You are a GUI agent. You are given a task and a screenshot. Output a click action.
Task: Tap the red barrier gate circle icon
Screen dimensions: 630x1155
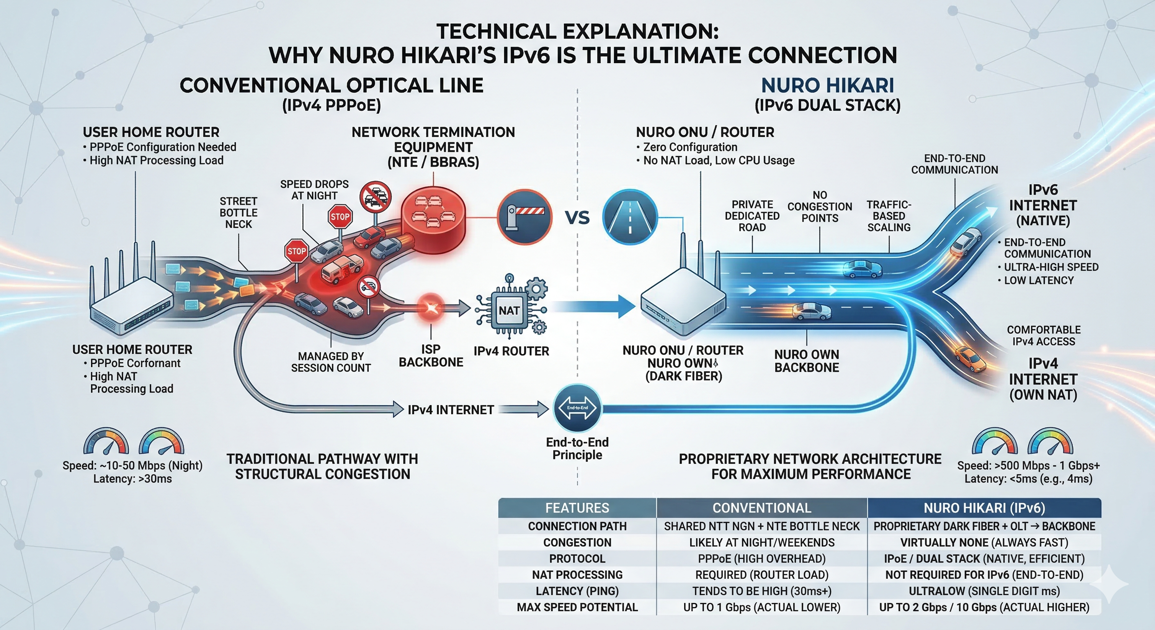525,217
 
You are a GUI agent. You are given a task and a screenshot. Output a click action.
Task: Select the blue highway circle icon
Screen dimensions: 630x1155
630,217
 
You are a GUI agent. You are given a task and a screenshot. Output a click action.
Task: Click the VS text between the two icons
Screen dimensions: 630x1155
577,218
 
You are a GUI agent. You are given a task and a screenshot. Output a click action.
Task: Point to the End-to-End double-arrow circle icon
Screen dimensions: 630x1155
577,408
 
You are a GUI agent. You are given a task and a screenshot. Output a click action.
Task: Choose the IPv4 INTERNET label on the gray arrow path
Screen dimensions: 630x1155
451,410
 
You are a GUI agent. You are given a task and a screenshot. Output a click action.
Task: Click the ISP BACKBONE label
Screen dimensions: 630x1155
431,356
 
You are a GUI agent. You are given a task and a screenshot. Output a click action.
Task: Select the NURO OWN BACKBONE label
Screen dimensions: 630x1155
806,361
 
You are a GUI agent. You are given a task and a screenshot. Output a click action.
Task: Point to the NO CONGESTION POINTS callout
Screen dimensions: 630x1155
819,207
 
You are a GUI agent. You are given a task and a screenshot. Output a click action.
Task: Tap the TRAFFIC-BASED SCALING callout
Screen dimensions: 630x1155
889,216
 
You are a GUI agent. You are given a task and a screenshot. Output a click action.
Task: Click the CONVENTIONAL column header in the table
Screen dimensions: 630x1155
762,508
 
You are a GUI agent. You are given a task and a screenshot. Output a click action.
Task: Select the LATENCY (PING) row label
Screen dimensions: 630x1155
577,591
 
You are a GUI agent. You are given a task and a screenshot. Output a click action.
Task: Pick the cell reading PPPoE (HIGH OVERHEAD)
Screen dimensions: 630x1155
762,559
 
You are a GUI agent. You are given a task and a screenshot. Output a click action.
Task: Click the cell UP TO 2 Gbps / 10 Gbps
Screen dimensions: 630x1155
984,607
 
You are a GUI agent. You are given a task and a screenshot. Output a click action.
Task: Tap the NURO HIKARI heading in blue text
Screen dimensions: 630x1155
827,86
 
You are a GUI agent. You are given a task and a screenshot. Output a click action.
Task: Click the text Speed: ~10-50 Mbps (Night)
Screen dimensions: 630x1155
132,466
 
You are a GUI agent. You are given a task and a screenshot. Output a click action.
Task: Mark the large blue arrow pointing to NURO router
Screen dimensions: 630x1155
596,306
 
